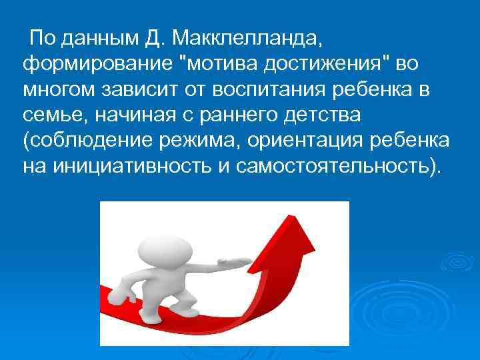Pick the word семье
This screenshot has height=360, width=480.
click(x=49, y=116)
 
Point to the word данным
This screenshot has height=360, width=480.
click(x=100, y=39)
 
